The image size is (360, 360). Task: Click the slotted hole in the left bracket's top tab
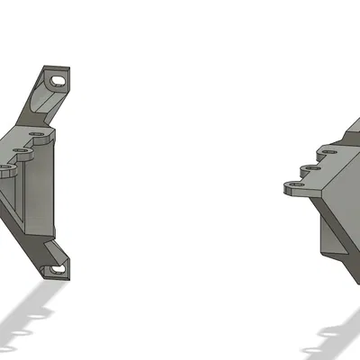pos(59,80)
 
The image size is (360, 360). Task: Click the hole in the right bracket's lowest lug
pos(294,186)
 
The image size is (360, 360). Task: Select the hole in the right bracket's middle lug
pos(311,167)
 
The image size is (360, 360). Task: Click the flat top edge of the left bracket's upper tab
pos(57,67)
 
